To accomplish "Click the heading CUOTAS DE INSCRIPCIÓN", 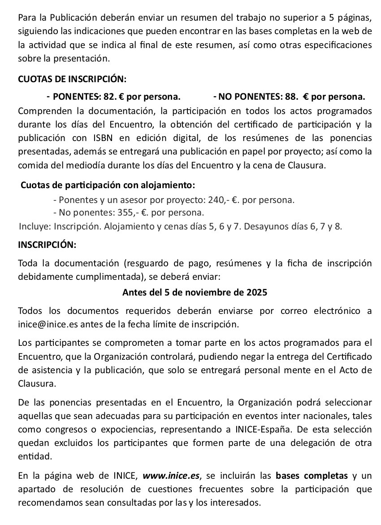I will pyautogui.click(x=72, y=79).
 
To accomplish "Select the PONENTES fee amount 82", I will pyautogui.click(x=109, y=97).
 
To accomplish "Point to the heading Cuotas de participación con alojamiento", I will pyautogui.click(x=108, y=185).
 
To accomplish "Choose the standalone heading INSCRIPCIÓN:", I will pyautogui.click(x=47, y=245).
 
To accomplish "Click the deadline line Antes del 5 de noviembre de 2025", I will pyautogui.click(x=195, y=293).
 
